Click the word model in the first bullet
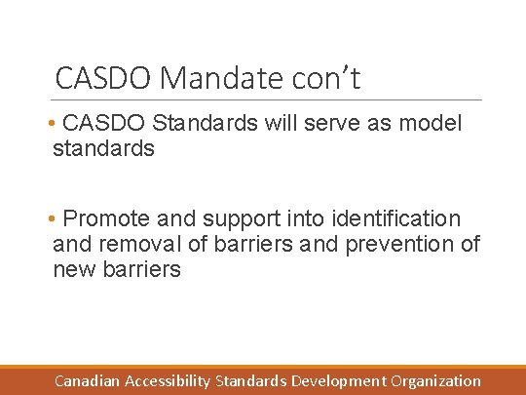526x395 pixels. click(430, 124)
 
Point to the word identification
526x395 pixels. click(388, 218)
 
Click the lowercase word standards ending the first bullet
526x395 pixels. click(103, 149)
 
